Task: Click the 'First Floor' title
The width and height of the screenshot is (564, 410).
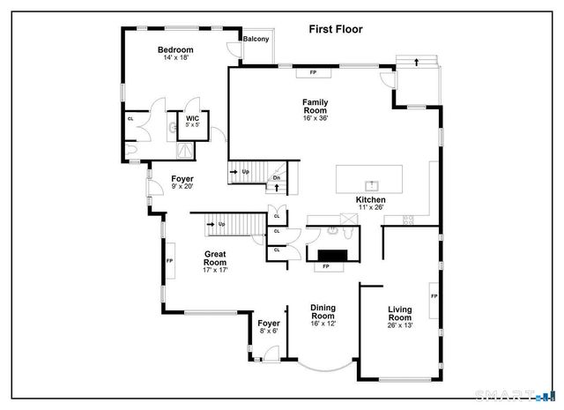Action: tap(335, 29)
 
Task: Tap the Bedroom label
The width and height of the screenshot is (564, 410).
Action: tap(175, 50)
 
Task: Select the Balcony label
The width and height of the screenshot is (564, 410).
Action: tap(256, 40)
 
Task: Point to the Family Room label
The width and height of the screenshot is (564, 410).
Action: tap(315, 106)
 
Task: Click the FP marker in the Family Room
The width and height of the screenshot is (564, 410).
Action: tap(313, 72)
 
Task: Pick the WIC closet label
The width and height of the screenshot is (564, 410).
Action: tap(191, 117)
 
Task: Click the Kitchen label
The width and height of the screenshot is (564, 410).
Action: tap(371, 200)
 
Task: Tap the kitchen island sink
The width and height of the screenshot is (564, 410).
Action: tap(372, 185)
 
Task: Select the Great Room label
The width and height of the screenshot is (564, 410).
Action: tap(215, 258)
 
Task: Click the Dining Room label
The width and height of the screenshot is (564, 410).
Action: tap(323, 311)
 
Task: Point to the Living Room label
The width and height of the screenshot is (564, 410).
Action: tap(401, 313)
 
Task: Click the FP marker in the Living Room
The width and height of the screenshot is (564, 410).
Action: tap(434, 296)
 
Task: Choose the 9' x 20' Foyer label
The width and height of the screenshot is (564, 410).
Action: tap(182, 182)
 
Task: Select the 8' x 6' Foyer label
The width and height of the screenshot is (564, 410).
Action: tap(269, 326)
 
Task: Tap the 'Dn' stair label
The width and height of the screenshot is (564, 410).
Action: tap(276, 178)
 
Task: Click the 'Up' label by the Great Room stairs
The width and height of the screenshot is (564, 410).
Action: tap(221, 224)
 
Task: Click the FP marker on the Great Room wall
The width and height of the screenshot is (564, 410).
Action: tap(169, 261)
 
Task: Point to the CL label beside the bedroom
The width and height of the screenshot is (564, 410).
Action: tap(130, 118)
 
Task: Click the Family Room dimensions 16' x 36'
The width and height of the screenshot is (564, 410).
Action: tap(315, 118)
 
